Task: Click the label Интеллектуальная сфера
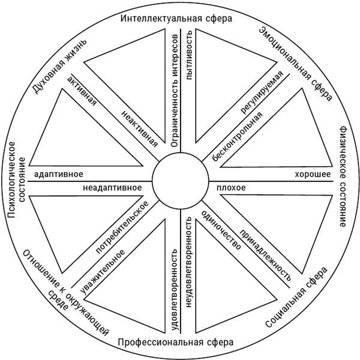pyautogui.click(x=176, y=17)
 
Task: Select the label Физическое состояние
pyautogui.click(x=343, y=178)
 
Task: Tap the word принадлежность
pyautogui.click(x=265, y=256)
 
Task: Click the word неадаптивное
pyautogui.click(x=112, y=188)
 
